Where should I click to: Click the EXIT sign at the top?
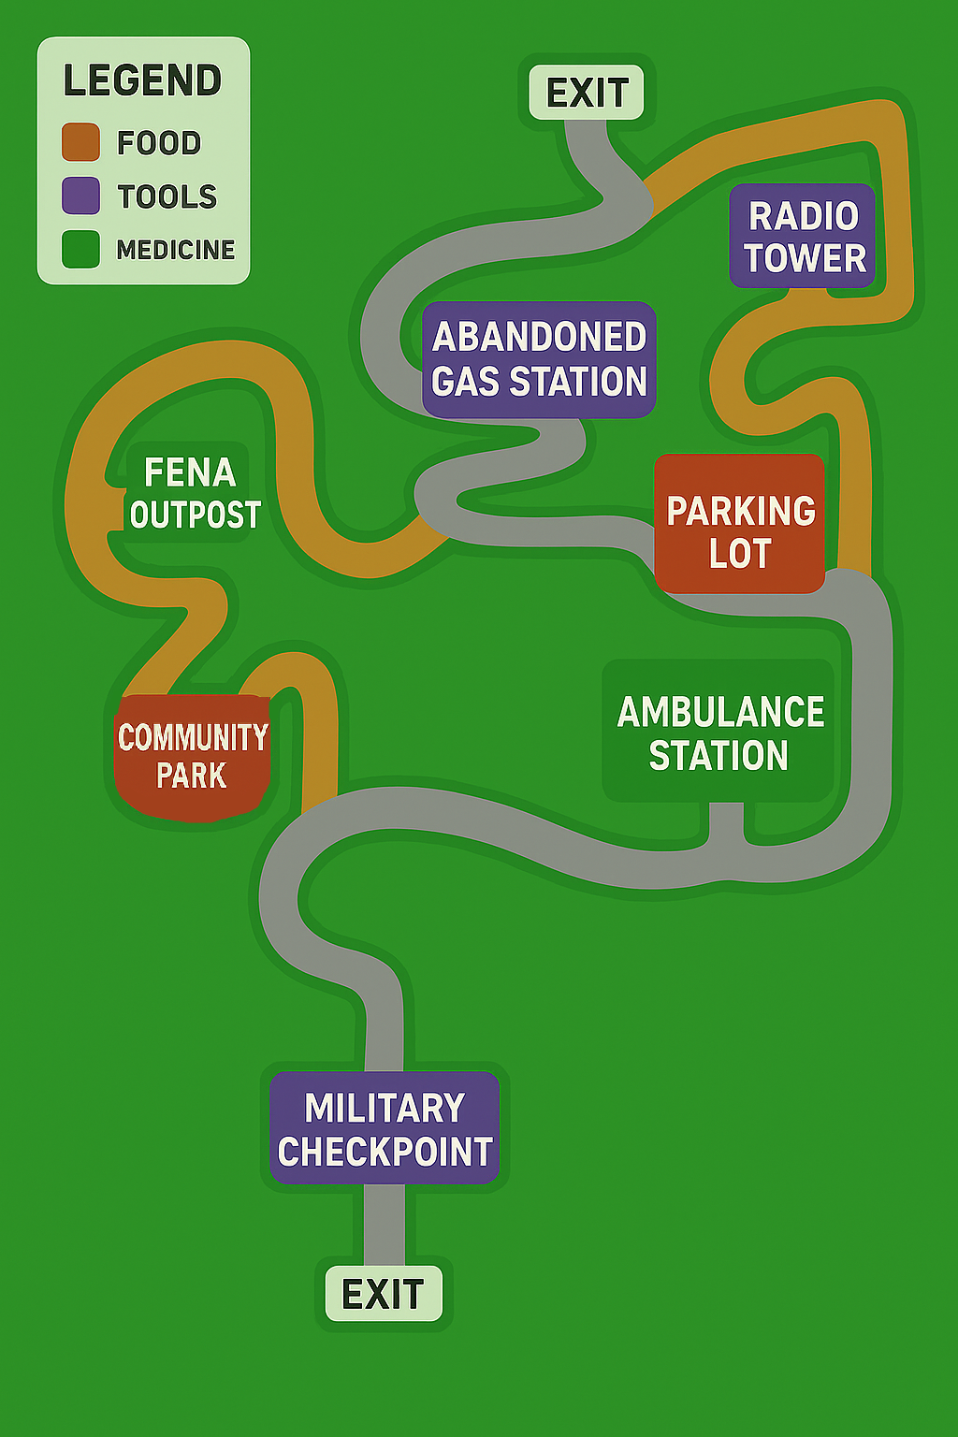(x=587, y=93)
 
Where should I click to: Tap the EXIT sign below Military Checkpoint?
(x=384, y=1294)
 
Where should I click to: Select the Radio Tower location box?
(x=803, y=236)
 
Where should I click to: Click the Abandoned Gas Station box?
(x=539, y=359)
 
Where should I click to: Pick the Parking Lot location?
(x=739, y=525)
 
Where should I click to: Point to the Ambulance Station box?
(x=718, y=732)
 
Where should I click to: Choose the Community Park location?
(x=192, y=756)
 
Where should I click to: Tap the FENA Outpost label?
(x=192, y=493)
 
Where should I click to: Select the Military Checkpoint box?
(x=385, y=1128)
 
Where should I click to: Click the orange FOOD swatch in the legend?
(x=80, y=142)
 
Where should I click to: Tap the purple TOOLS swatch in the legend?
(x=80, y=196)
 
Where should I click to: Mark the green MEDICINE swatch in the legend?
(x=80, y=250)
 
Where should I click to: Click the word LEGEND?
(x=142, y=80)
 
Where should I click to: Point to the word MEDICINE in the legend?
(x=176, y=250)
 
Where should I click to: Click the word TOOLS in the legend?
(x=167, y=196)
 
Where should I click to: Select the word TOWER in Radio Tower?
(x=806, y=258)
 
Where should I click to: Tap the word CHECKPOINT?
(x=385, y=1152)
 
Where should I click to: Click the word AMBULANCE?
(x=720, y=712)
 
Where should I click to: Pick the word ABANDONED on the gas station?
(x=539, y=337)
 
